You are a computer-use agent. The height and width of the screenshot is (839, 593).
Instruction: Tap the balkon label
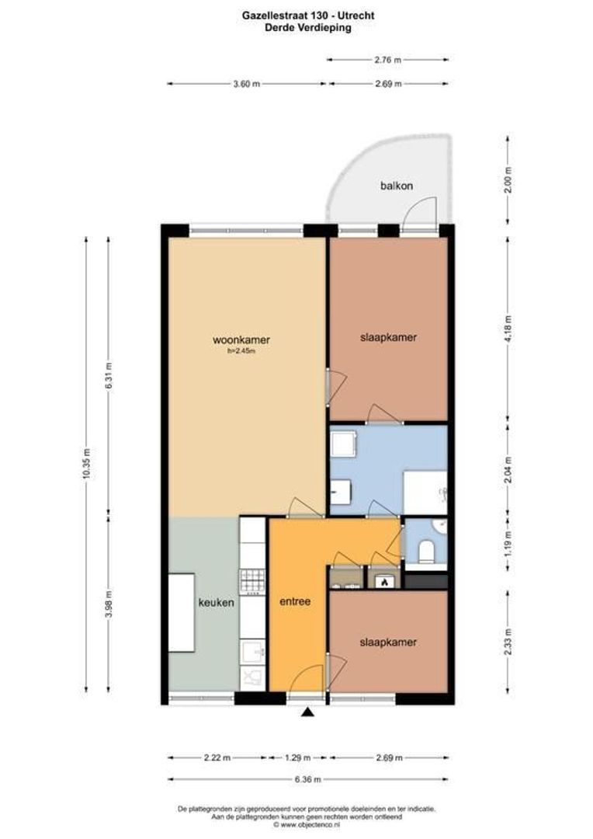click(x=396, y=186)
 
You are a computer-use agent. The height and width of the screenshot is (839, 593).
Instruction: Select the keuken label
click(x=216, y=602)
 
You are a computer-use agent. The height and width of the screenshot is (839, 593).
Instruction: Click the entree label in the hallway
click(x=295, y=601)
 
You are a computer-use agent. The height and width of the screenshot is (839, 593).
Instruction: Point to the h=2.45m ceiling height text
click(x=241, y=350)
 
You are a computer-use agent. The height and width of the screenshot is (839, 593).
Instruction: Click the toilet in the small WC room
click(x=426, y=552)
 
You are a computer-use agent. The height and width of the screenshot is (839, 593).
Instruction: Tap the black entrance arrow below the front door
click(x=308, y=712)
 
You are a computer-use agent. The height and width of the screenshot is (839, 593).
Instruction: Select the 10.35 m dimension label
click(x=86, y=465)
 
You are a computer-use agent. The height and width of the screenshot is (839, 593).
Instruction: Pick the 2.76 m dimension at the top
click(x=387, y=59)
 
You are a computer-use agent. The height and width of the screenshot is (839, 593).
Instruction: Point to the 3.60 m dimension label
click(x=245, y=85)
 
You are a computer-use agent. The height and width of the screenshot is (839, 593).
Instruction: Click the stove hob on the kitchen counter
click(x=252, y=580)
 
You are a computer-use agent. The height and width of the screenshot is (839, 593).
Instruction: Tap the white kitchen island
click(x=182, y=613)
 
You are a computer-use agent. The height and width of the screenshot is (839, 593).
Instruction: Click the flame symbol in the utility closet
click(x=383, y=581)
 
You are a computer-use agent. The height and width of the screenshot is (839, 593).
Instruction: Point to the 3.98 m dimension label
click(x=108, y=601)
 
